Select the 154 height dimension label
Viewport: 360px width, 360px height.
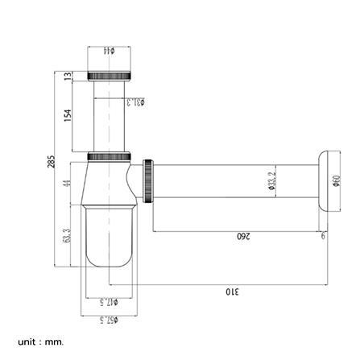[68, 115]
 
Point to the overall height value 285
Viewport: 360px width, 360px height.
[51, 162]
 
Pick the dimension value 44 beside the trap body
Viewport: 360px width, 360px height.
[68, 183]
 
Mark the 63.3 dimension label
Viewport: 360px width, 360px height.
[68, 237]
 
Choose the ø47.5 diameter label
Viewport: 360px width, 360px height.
[109, 301]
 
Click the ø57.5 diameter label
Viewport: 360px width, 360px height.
[109, 320]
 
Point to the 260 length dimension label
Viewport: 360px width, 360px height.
[243, 236]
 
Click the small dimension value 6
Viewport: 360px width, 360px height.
[323, 236]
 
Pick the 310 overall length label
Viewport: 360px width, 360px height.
[231, 290]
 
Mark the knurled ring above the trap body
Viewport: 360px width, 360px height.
[109, 155]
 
